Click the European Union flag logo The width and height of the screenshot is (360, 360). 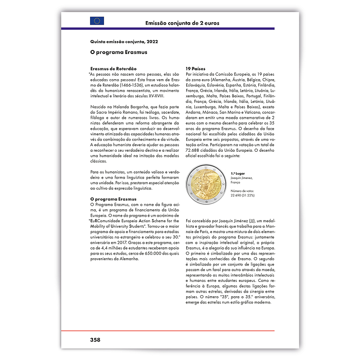pyautogui.click(x=97, y=21)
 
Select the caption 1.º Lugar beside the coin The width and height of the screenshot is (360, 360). pyautogui.click(x=239, y=174)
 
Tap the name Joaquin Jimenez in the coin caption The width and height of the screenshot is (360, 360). pyautogui.click(x=242, y=178)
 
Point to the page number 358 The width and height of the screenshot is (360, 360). pyautogui.click(x=95, y=339)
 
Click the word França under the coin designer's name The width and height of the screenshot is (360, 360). pyautogui.click(x=236, y=182)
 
